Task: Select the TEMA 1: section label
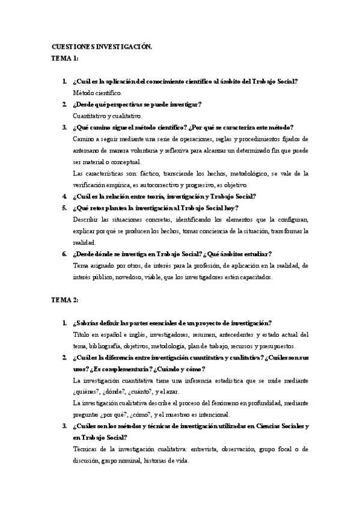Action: (x=64, y=58)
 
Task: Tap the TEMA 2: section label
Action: (x=65, y=299)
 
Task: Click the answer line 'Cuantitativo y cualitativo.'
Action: (x=107, y=115)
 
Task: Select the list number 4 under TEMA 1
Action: (x=64, y=196)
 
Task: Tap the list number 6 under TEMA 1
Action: (x=64, y=254)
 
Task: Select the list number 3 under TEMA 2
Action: (x=64, y=426)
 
